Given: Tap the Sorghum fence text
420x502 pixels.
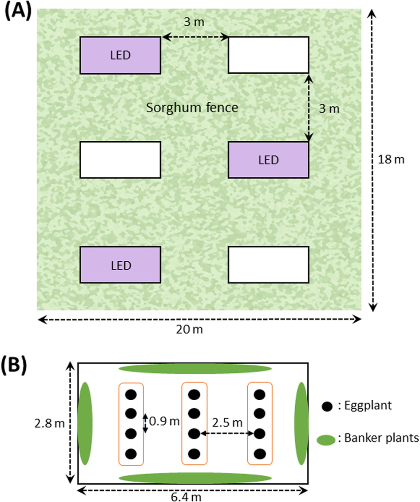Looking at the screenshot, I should (x=192, y=107).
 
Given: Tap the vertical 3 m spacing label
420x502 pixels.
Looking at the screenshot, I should (x=328, y=108).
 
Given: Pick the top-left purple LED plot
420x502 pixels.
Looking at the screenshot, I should (x=120, y=56).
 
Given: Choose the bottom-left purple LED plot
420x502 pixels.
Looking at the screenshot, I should (x=120, y=265).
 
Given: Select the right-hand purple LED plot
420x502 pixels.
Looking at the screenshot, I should (x=268, y=160).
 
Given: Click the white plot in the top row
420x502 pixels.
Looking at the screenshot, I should (x=268, y=56).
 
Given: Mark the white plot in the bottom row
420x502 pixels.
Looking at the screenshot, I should (x=268, y=265).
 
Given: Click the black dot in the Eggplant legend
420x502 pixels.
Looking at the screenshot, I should (x=327, y=406).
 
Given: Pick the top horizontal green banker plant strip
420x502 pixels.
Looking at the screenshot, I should (x=195, y=368).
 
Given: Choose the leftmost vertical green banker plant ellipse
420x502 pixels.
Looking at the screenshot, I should (x=85, y=423).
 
